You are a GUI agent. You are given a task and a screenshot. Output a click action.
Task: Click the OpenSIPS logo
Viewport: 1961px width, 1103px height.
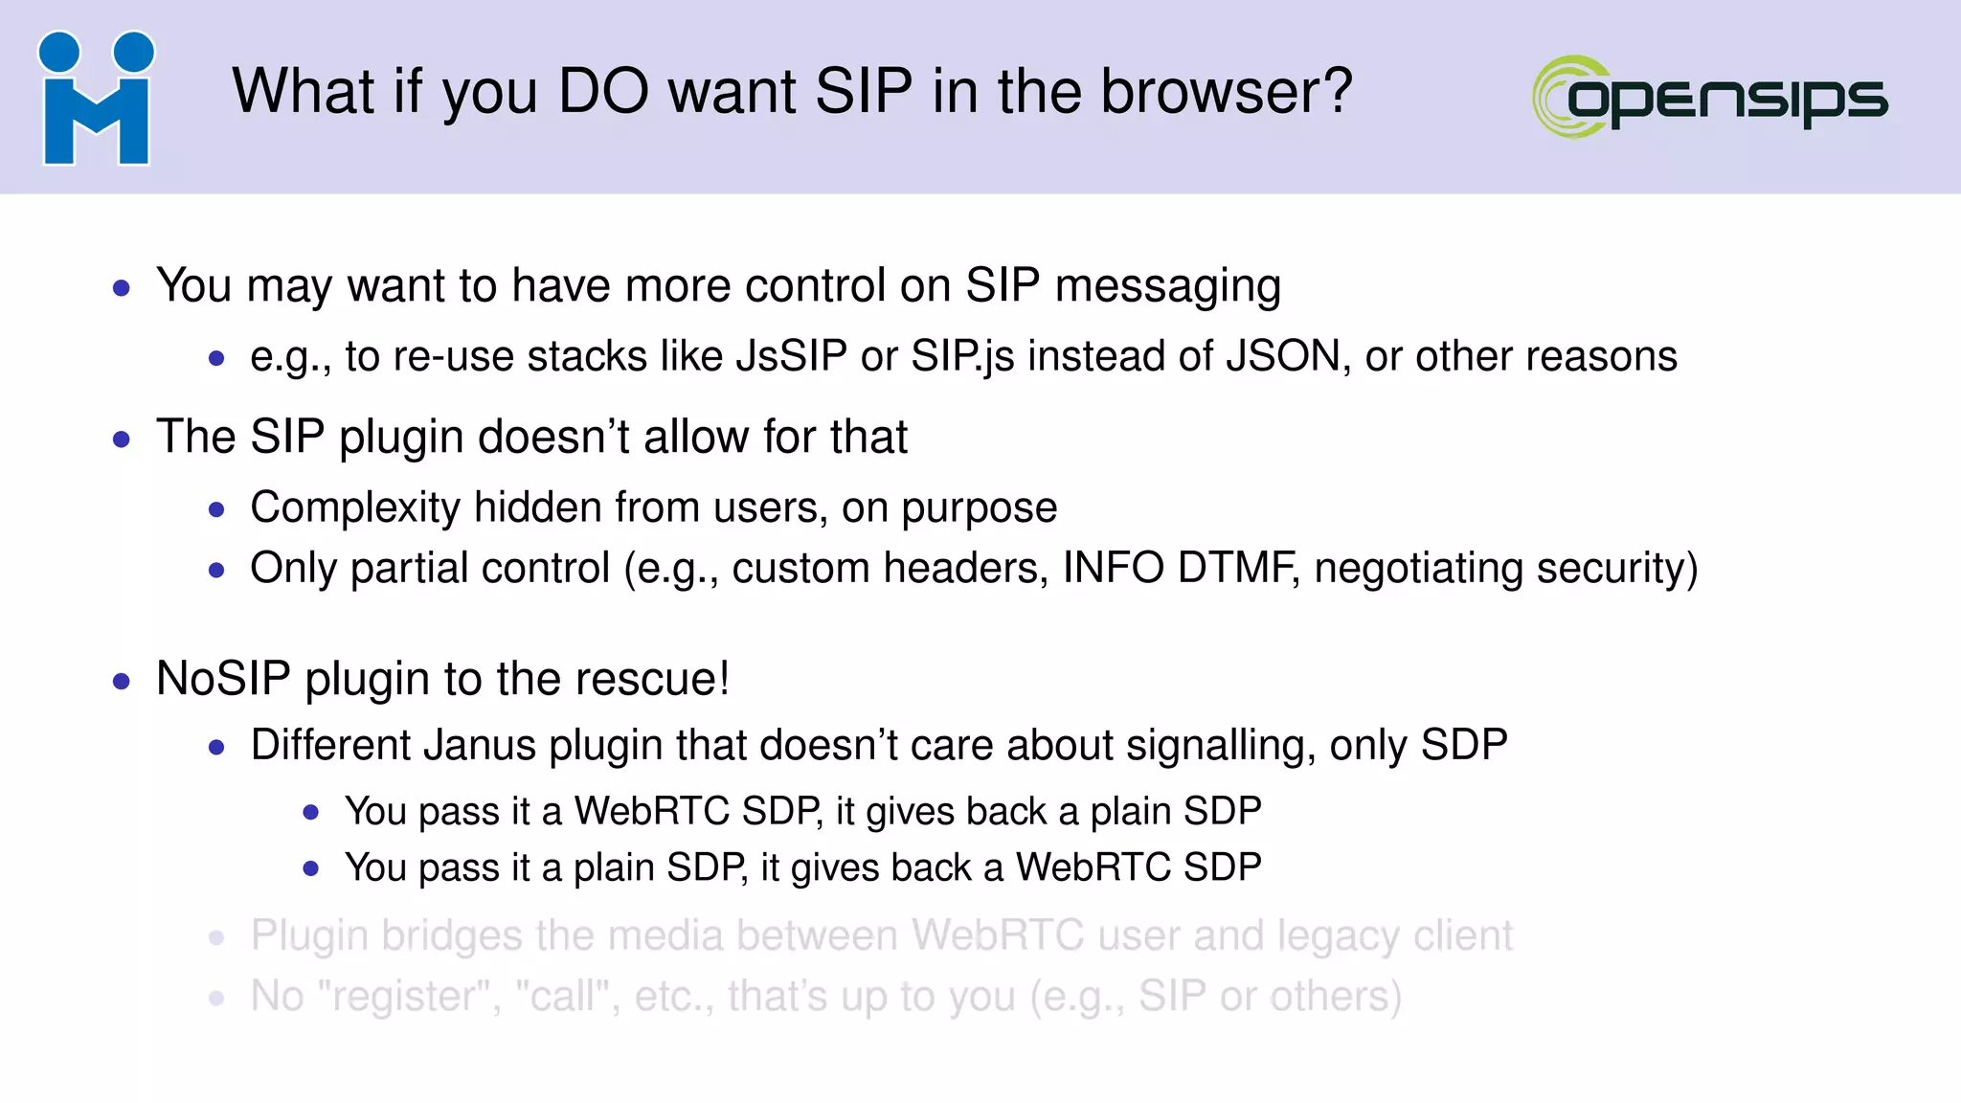click(1710, 97)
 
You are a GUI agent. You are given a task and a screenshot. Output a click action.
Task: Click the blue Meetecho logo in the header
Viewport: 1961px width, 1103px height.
click(96, 99)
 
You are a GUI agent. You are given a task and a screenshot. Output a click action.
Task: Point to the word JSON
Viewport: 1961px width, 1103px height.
click(1283, 356)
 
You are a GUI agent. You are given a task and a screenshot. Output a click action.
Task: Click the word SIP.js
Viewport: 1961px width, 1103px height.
click(962, 356)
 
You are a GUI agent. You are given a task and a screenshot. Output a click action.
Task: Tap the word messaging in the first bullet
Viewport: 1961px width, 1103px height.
click(1167, 286)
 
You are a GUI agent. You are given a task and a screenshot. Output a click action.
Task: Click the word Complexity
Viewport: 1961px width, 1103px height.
click(355, 507)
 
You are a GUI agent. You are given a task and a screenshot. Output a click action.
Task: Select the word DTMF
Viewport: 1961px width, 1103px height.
click(1238, 568)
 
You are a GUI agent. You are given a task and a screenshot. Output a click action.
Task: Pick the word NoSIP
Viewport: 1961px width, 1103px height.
click(223, 679)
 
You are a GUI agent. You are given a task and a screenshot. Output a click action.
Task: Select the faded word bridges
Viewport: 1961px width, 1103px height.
click(452, 935)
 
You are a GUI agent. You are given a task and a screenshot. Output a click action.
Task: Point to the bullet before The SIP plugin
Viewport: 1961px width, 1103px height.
click(122, 439)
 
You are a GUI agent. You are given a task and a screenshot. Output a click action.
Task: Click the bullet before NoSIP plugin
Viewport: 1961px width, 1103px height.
click(122, 682)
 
